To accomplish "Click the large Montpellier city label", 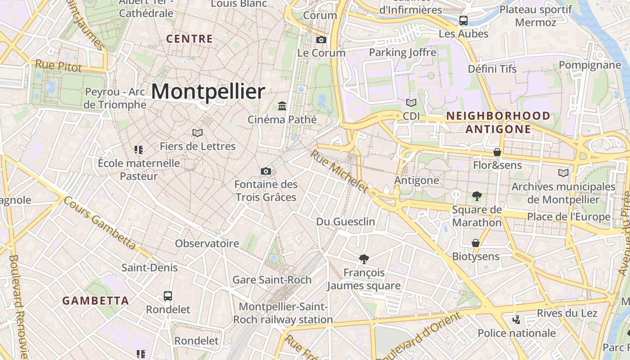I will click(208, 92).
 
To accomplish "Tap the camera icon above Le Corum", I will click(321, 40).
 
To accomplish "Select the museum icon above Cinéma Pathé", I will click(282, 106).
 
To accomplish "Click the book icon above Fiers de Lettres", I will click(198, 133).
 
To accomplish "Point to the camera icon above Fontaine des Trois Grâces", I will click(266, 171).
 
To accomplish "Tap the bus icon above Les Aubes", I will click(463, 21).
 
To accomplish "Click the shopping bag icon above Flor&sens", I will click(497, 152).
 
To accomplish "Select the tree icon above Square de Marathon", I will click(477, 196).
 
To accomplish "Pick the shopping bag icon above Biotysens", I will click(476, 243).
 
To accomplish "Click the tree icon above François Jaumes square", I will click(364, 259).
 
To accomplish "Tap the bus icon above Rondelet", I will click(168, 296).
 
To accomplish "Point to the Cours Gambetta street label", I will click(99, 223).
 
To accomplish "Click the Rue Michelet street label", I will click(339, 171).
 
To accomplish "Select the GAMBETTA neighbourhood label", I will click(95, 301).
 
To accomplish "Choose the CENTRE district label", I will click(189, 39).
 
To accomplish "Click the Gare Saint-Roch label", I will click(272, 280).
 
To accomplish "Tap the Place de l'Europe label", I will click(569, 217).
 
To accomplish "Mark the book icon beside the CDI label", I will click(411, 103).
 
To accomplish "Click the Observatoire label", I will click(207, 243).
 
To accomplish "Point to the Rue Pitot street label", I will click(58, 66).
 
